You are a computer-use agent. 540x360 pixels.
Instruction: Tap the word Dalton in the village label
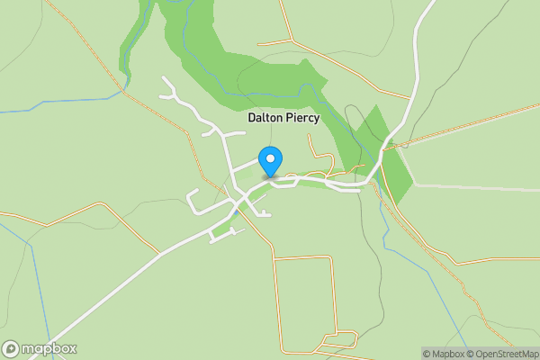pyautogui.click(x=267, y=118)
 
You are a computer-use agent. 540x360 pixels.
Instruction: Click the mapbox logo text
pyautogui.click(x=49, y=348)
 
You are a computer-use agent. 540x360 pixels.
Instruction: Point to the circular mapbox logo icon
pyautogui.click(x=11, y=348)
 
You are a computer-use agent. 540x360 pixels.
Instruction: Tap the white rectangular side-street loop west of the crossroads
pyautogui.click(x=202, y=202)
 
